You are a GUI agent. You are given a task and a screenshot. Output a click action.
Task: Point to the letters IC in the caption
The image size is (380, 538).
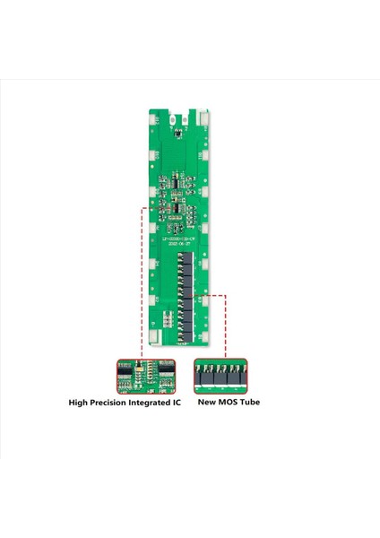tap(178, 403)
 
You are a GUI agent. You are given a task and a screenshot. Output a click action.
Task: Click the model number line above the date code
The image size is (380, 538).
tap(182, 239)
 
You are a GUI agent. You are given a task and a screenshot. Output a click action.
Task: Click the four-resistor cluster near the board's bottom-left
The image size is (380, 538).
tap(167, 317)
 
